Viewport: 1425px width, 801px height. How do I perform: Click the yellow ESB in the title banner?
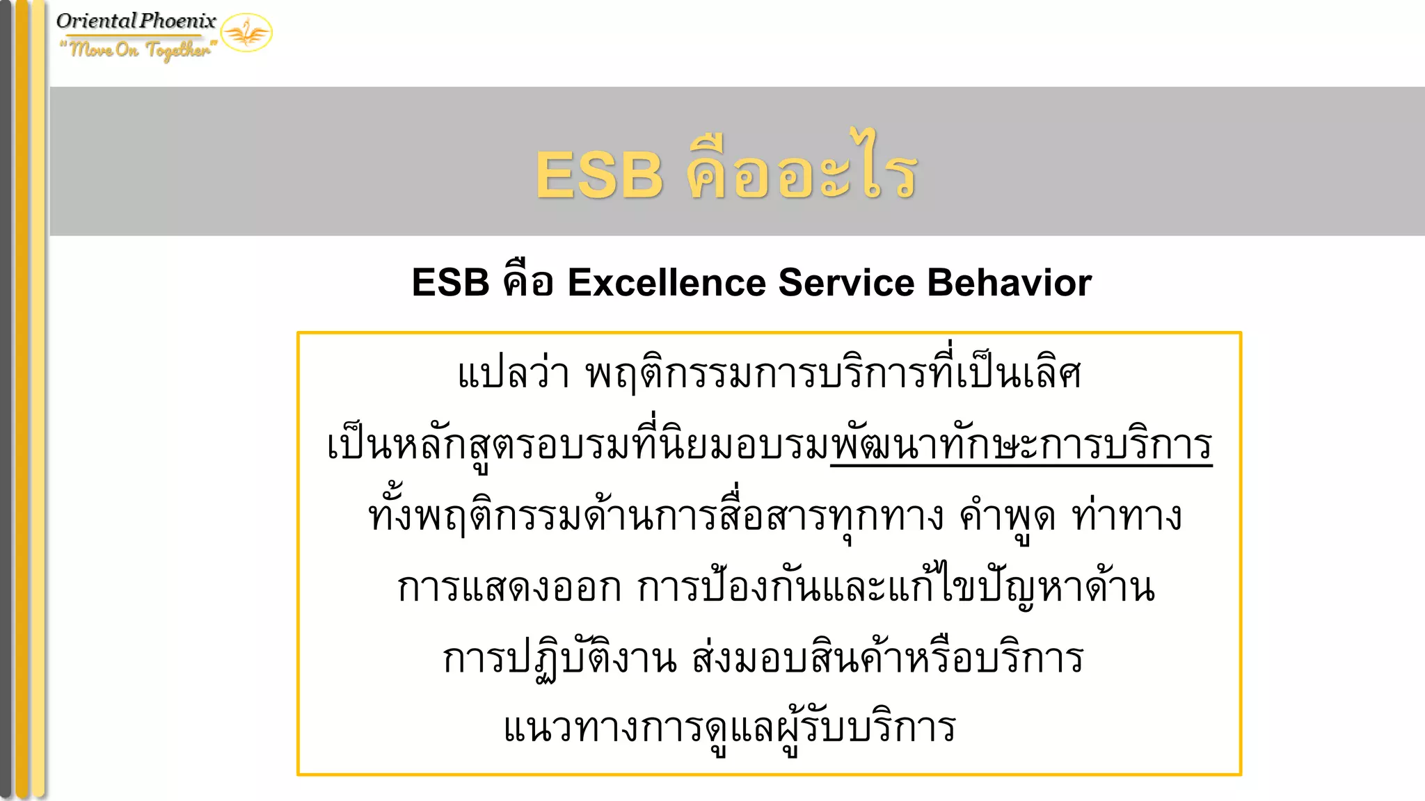pyautogui.click(x=599, y=175)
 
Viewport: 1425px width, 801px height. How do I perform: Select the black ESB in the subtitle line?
pyautogui.click(x=450, y=283)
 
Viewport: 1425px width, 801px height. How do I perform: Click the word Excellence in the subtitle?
pyautogui.click(x=667, y=283)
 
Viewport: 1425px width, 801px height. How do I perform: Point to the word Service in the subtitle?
pyautogui.click(x=846, y=283)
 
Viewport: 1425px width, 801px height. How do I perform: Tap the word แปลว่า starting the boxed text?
pyautogui.click(x=514, y=373)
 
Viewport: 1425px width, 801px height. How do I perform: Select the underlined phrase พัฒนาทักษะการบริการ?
pyautogui.click(x=1021, y=445)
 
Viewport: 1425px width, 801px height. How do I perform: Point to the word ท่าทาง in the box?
pyautogui.click(x=1127, y=517)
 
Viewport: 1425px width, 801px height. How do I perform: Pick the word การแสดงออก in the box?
pyautogui.click(x=509, y=588)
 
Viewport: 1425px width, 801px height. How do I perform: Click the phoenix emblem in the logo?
pyautogui.click(x=246, y=33)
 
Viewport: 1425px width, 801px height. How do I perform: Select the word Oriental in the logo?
pyautogui.click(x=97, y=21)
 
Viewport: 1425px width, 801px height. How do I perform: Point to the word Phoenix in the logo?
pyautogui.click(x=178, y=21)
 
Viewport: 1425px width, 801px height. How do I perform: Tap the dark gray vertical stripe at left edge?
pyautogui.click(x=6, y=400)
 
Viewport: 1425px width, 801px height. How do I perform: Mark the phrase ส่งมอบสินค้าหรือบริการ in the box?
pyautogui.click(x=887, y=658)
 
